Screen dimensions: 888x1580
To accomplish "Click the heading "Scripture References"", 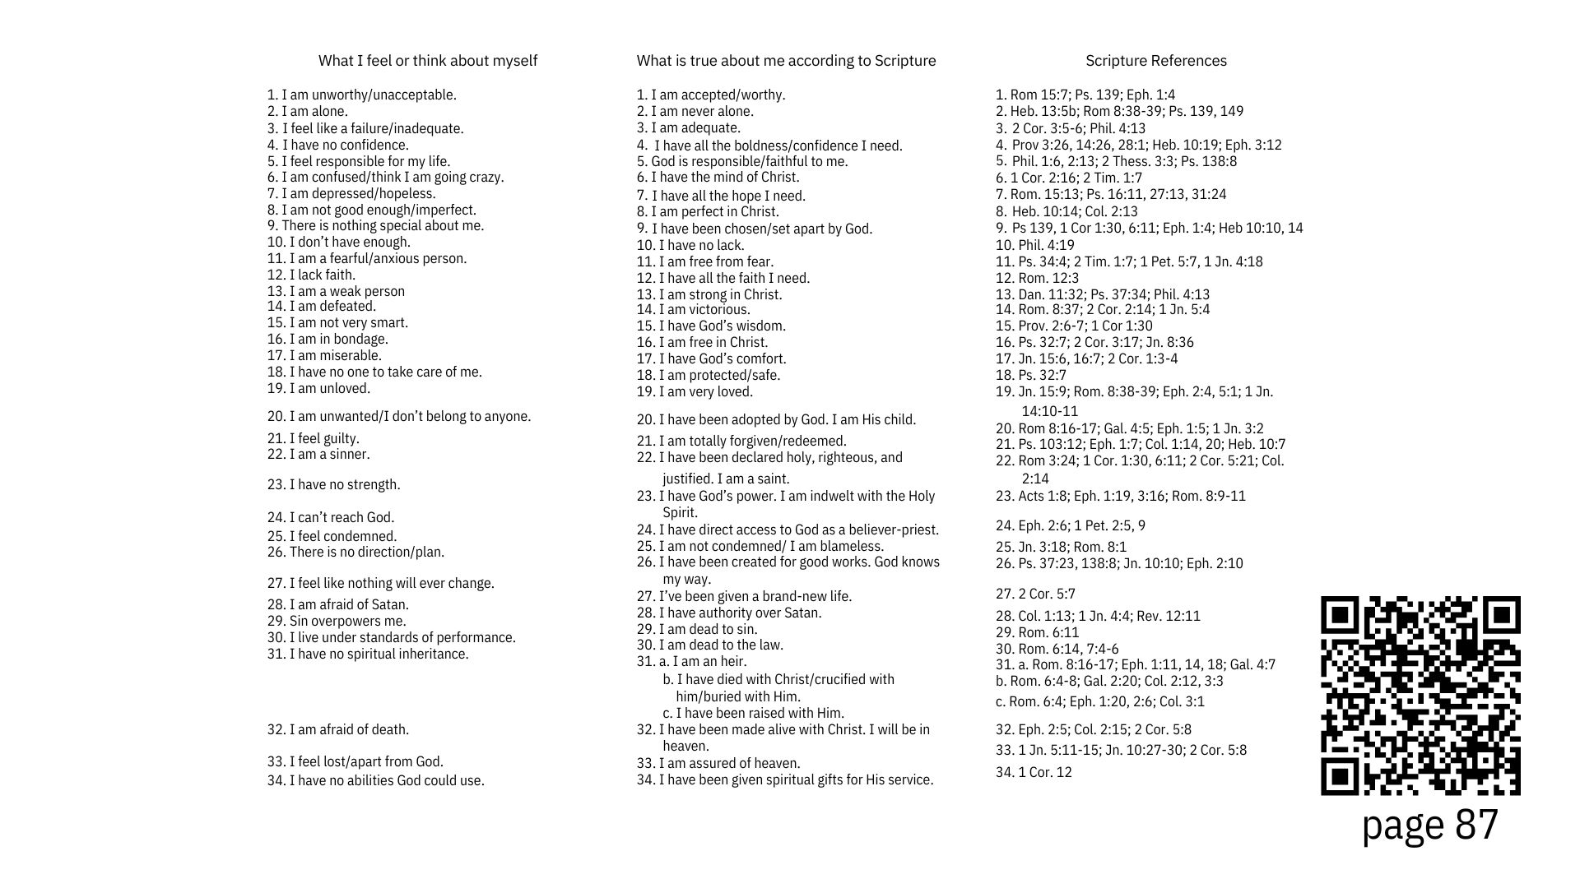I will (x=1155, y=61).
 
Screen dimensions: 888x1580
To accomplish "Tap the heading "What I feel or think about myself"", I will (x=427, y=61).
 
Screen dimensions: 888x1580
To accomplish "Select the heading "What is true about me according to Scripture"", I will (x=786, y=61).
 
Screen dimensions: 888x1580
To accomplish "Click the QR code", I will (x=1420, y=696).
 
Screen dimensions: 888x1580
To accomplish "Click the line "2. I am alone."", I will (x=308, y=111).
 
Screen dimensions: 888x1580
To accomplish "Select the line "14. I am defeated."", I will (x=321, y=306).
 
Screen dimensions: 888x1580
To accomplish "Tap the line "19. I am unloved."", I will (x=318, y=388).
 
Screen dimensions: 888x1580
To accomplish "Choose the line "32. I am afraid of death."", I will (x=337, y=729).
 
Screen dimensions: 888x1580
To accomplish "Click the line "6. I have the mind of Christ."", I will (x=718, y=177).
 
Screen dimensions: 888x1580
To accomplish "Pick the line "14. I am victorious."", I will (x=693, y=309).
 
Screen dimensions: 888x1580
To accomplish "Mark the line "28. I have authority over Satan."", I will (x=728, y=613).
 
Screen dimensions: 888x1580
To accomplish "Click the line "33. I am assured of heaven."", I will (x=718, y=763).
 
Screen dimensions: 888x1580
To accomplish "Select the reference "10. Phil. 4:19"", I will (x=1034, y=245).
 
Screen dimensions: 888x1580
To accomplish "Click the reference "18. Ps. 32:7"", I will (x=1030, y=375).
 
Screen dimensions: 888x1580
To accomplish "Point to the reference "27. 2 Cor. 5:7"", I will (x=1035, y=594).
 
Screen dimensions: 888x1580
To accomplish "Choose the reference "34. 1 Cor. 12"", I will (x=1034, y=772).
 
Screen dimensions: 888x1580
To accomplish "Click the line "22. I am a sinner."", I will (x=318, y=454).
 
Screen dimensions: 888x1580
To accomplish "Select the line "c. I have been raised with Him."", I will (x=753, y=713).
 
